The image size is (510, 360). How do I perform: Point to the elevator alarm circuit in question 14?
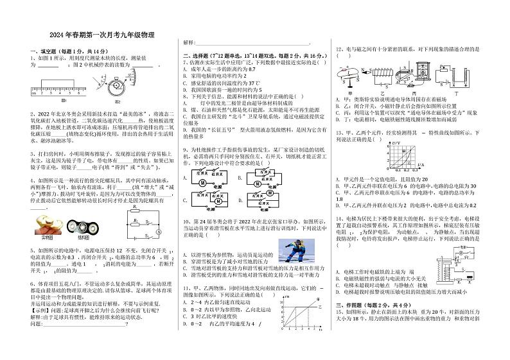pyautogui.click(x=458, y=261)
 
